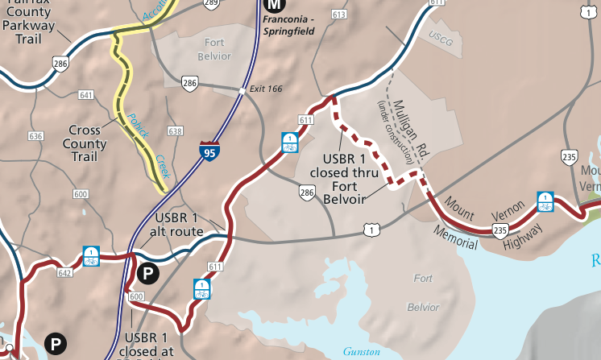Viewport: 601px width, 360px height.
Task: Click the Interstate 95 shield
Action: click(209, 150)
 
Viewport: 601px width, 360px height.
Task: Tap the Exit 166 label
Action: click(266, 88)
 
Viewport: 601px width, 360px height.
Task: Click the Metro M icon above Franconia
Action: click(272, 5)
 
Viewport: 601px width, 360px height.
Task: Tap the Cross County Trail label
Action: click(84, 137)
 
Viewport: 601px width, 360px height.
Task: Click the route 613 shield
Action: click(338, 14)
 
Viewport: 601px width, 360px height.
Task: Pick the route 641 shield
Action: click(86, 95)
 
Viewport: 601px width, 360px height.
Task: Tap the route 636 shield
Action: click(35, 136)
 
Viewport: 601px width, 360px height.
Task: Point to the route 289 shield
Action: click(211, 4)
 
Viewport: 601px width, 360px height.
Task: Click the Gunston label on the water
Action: click(361, 351)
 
